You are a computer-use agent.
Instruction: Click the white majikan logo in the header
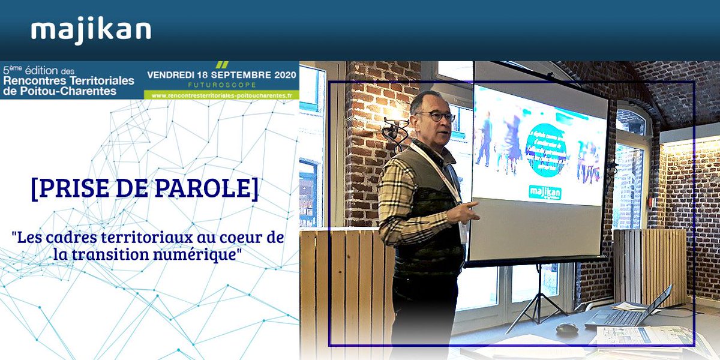[91, 31]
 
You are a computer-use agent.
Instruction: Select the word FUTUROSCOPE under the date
[221, 85]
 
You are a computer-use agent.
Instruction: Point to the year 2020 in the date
[280, 76]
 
